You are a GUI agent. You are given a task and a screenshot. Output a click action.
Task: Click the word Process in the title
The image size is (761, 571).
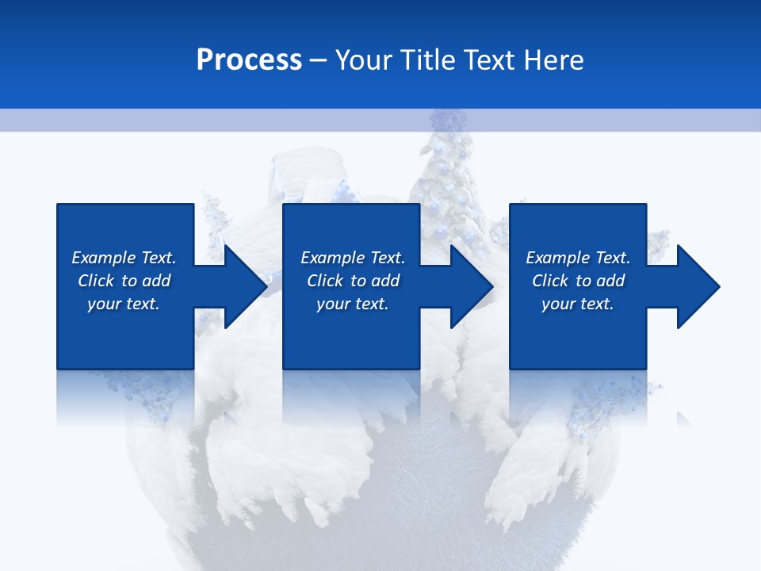249,60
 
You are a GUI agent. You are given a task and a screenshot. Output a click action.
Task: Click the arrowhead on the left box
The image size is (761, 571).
242,286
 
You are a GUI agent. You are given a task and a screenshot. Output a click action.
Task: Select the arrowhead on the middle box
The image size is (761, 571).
468,286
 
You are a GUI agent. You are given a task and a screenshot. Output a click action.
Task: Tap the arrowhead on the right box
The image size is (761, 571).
695,286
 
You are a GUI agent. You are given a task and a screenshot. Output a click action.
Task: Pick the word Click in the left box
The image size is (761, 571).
96,281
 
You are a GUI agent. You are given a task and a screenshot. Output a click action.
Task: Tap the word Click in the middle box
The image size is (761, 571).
325,281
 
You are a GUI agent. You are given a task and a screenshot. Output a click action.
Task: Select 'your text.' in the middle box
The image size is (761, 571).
352,304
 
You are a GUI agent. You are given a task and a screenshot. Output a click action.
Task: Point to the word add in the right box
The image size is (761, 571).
610,281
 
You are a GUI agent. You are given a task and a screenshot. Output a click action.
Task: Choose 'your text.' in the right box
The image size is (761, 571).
577,304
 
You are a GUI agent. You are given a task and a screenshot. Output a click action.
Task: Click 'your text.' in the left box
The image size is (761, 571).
123,304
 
